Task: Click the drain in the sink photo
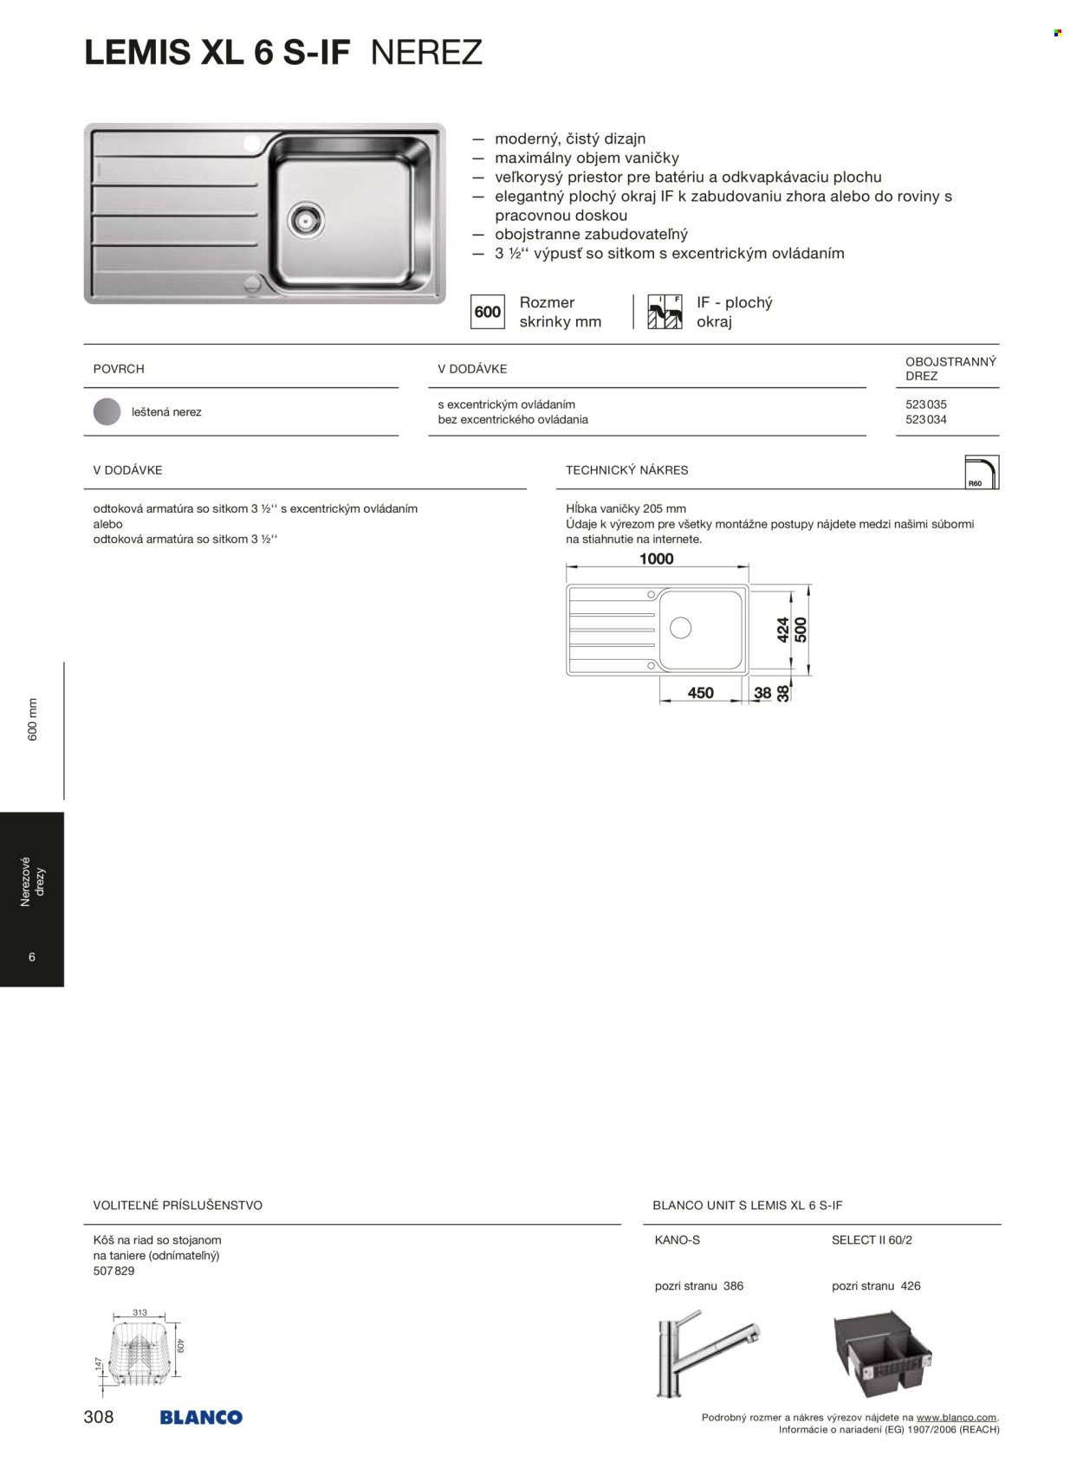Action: point(308,219)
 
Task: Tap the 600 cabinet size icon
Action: point(488,312)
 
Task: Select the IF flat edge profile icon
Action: point(665,312)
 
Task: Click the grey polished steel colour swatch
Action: point(107,412)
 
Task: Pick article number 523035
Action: point(926,404)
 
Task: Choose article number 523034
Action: point(926,420)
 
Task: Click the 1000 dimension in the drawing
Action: point(656,560)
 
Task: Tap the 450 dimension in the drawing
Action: point(700,693)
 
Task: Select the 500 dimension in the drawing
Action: point(801,629)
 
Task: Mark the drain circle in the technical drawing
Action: point(680,628)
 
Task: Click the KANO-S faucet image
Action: point(706,1352)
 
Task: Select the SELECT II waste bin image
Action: point(882,1351)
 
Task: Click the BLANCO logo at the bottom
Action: point(201,1418)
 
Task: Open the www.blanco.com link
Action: point(956,1418)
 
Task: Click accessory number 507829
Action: point(113,1271)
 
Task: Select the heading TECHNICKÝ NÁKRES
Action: point(626,470)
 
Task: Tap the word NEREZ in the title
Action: point(426,54)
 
